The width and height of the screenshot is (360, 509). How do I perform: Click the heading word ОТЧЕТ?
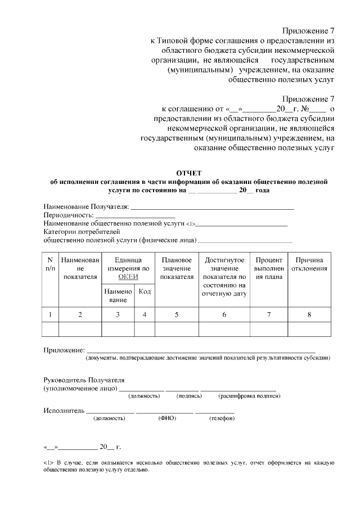(188, 173)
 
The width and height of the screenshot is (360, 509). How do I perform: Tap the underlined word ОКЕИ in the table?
(128, 277)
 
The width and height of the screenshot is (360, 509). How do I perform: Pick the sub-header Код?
(145, 291)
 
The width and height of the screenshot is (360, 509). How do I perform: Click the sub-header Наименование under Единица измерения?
(118, 295)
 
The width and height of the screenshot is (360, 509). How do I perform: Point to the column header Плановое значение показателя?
(177, 268)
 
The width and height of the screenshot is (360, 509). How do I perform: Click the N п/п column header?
(50, 264)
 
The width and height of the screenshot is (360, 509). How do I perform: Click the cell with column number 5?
(177, 315)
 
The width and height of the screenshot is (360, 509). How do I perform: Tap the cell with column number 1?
(50, 315)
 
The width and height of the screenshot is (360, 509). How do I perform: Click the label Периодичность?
(69, 215)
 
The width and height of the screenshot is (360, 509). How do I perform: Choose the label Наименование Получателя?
(85, 206)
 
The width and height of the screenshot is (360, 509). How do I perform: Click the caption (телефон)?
(221, 418)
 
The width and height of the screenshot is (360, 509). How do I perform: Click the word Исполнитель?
(64, 410)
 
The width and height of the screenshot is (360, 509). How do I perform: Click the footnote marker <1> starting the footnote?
(48, 462)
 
